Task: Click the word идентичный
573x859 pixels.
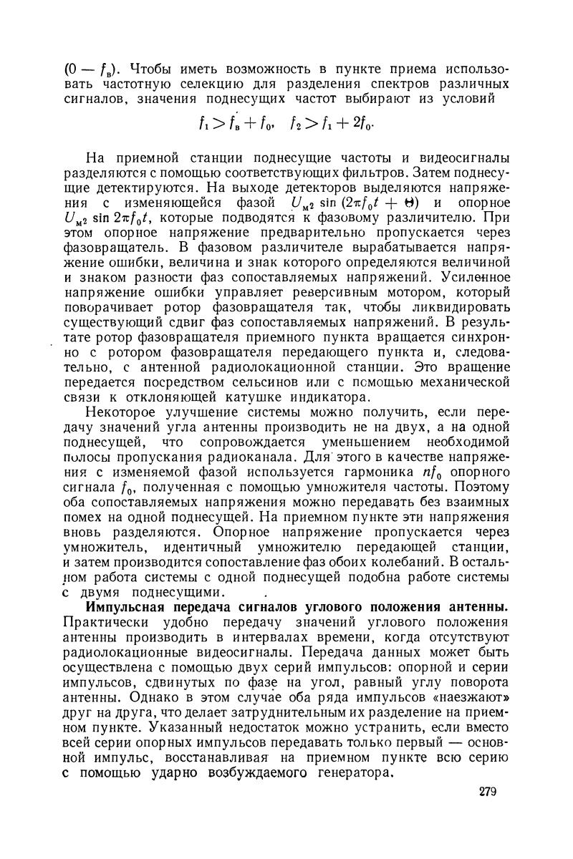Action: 194,554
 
